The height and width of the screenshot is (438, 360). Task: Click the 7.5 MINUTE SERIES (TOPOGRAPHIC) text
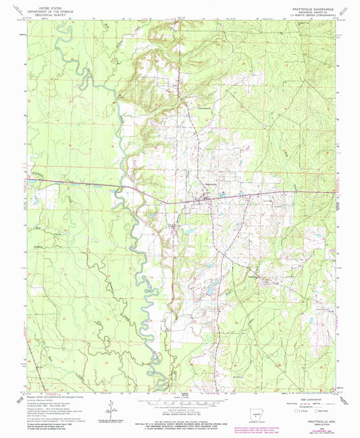(304, 16)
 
